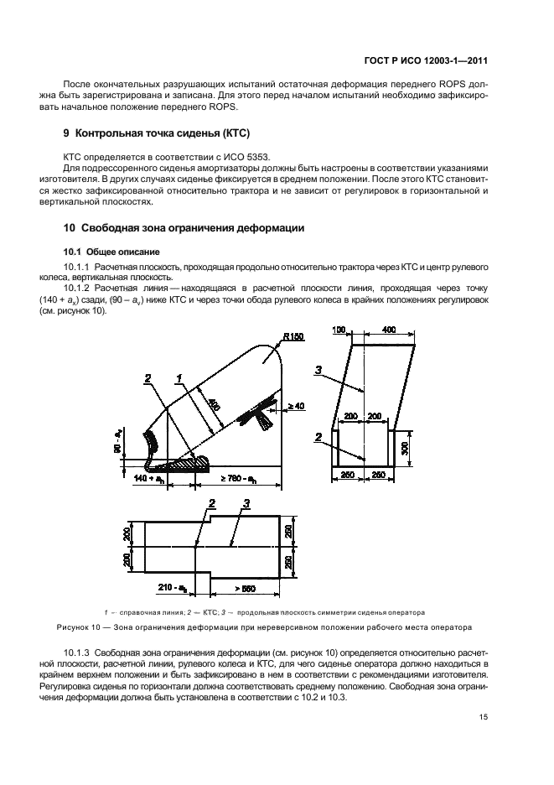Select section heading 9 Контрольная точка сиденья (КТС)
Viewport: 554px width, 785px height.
[158, 134]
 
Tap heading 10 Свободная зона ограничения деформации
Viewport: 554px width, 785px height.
[184, 228]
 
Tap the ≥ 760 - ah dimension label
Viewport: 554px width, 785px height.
[241, 477]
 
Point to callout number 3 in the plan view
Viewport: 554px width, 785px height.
[246, 503]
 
